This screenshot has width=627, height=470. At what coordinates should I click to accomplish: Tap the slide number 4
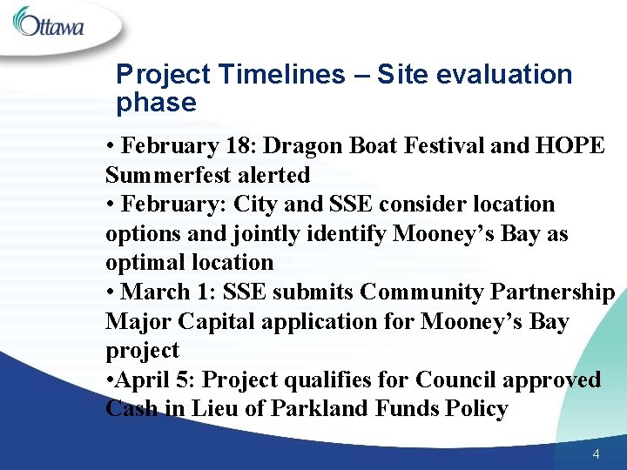point(596,454)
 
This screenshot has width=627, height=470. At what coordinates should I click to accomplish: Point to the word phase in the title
point(156,103)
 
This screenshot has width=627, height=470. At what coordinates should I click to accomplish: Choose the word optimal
point(144,263)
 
